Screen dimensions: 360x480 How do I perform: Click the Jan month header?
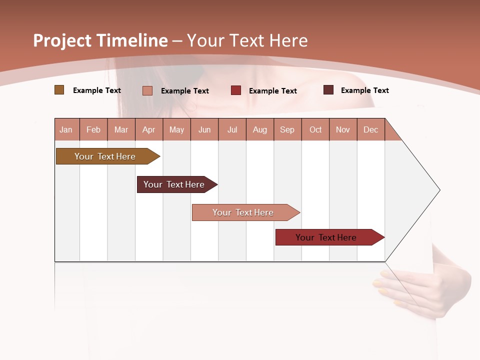(x=66, y=129)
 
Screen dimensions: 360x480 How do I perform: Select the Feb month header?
(x=93, y=129)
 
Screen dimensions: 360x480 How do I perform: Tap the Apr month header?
(x=149, y=129)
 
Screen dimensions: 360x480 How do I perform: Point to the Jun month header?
(x=204, y=129)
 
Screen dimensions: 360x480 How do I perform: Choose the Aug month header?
(x=260, y=129)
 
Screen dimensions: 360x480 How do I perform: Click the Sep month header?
(x=287, y=129)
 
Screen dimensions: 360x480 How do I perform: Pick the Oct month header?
(x=315, y=129)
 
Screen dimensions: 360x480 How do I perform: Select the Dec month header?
(x=371, y=129)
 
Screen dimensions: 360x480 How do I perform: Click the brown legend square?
(x=59, y=90)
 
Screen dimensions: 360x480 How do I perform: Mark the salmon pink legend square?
(x=147, y=90)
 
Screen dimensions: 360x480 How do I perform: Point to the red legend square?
(x=236, y=90)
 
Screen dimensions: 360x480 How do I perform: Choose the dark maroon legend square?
(x=328, y=90)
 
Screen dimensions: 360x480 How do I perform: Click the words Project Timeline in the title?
(x=100, y=40)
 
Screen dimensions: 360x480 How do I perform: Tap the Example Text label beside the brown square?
(x=97, y=90)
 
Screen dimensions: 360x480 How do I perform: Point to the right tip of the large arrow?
(x=439, y=190)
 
